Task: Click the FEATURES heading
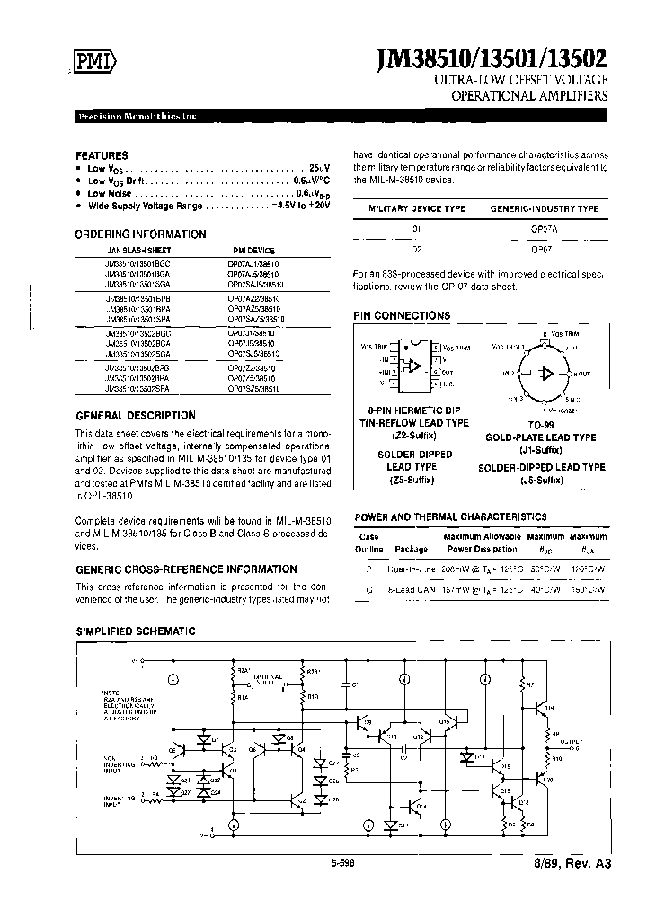click(x=102, y=155)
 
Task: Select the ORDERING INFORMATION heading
click(x=140, y=234)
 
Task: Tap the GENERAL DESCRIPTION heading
click(x=136, y=416)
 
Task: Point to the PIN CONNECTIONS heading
click(x=402, y=316)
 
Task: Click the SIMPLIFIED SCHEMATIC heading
click(x=136, y=631)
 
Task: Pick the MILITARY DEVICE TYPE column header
click(x=418, y=208)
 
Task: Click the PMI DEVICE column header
click(x=254, y=251)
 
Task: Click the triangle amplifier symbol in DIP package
click(x=414, y=366)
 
